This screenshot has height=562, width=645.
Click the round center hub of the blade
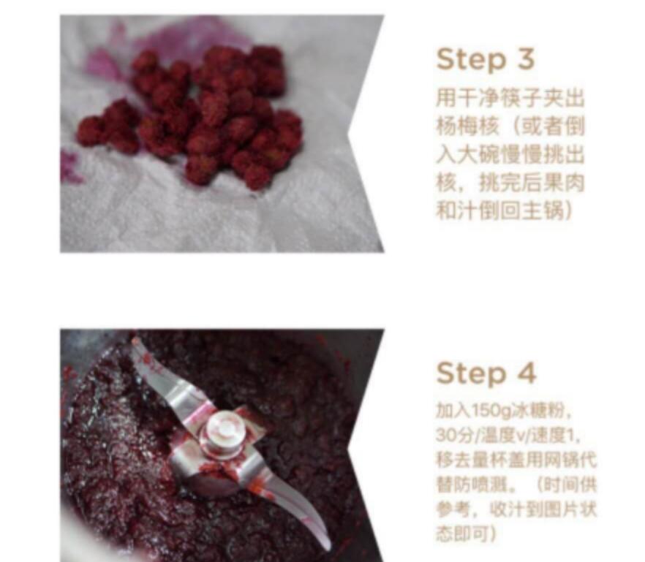coord(217,436)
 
